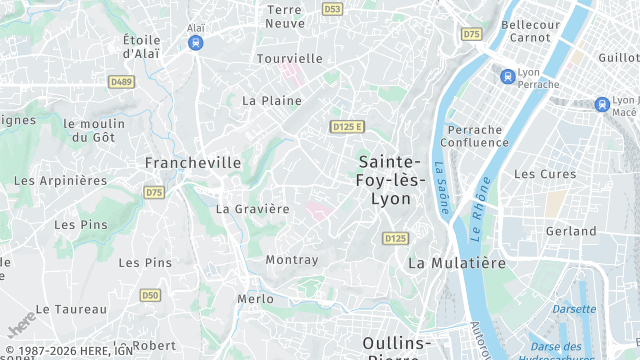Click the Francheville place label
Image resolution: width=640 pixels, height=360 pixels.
click(x=193, y=162)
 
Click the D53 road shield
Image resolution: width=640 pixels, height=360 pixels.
click(x=332, y=9)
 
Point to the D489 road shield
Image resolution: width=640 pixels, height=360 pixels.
click(x=122, y=82)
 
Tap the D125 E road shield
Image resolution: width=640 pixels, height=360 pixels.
click(x=347, y=126)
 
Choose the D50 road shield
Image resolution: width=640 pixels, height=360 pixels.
click(x=150, y=295)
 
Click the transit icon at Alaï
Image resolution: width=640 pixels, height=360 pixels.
click(x=196, y=44)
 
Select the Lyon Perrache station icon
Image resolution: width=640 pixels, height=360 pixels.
click(x=508, y=75)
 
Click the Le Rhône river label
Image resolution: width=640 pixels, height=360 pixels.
click(x=480, y=205)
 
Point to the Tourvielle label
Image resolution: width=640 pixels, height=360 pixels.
click(x=289, y=59)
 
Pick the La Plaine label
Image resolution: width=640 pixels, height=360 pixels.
click(x=272, y=101)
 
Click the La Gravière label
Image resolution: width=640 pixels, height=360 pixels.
click(x=252, y=209)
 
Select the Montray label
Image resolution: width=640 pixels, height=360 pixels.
click(x=292, y=260)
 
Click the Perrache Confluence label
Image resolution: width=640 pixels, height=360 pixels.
click(x=478, y=136)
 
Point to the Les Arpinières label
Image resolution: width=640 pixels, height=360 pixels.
click(x=60, y=181)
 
